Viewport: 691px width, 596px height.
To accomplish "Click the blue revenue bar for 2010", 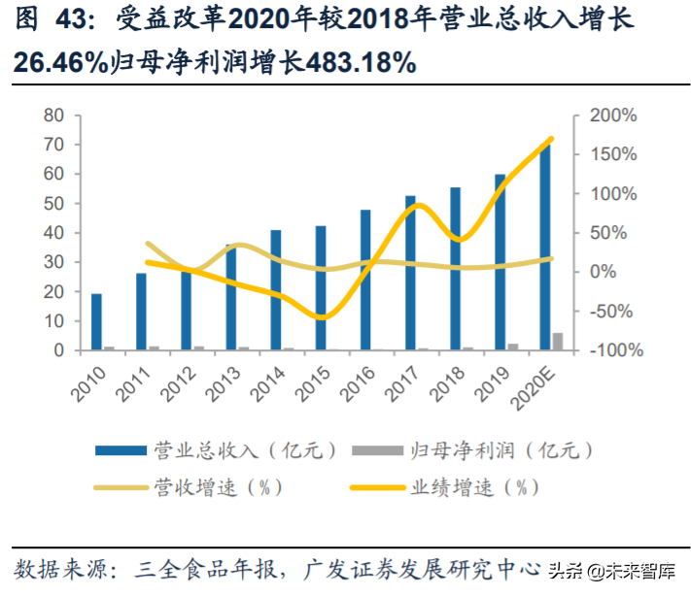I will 96,321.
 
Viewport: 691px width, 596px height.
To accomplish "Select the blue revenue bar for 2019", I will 500,262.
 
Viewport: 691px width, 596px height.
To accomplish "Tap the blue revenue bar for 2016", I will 365,280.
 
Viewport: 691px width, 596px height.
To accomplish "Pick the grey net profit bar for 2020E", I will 558,341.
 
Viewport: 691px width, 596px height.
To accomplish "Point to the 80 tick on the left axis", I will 54,116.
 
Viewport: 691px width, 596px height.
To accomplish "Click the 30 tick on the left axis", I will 54,262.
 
